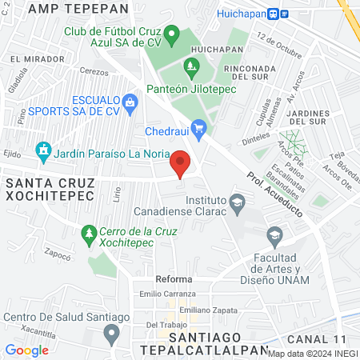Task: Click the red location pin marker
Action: click(181, 164)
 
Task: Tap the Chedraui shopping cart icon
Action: click(200, 128)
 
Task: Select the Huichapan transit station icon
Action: click(274, 14)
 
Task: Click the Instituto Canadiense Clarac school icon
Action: click(237, 201)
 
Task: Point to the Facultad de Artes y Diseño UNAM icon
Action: click(274, 235)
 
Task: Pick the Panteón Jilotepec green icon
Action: click(190, 66)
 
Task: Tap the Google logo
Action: click(26, 350)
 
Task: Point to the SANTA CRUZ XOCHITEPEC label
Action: click(50, 190)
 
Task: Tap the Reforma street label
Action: click(174, 279)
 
